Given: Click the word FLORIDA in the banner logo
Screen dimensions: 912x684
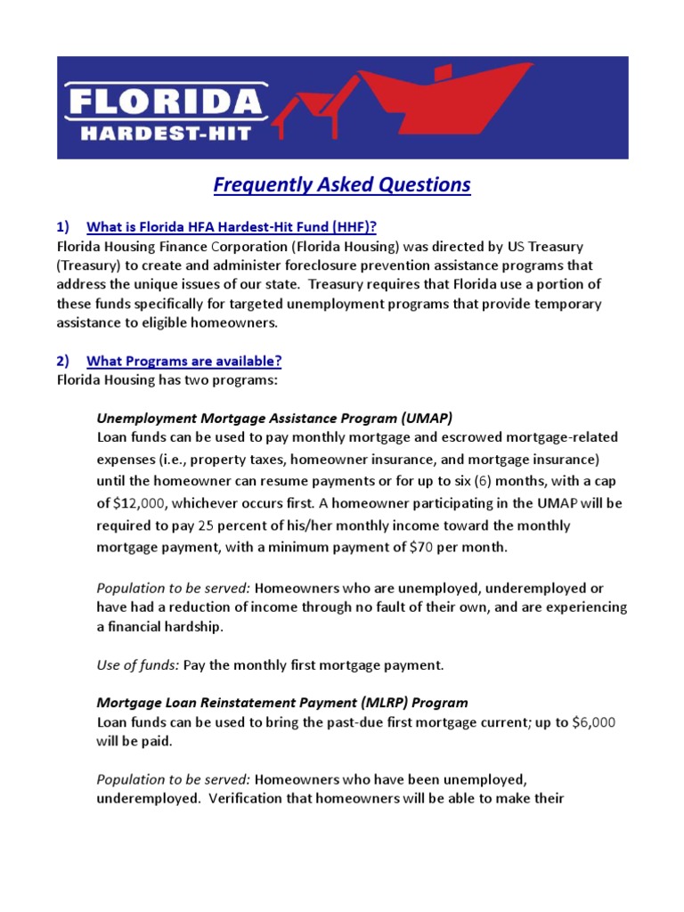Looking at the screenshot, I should [166, 102].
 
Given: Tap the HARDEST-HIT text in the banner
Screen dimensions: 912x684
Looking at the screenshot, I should [166, 133].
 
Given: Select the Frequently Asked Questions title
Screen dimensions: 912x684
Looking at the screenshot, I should [342, 184].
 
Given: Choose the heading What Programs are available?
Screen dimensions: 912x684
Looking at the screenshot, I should [183, 361].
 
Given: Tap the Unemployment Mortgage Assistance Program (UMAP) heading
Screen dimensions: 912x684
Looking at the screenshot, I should [274, 417].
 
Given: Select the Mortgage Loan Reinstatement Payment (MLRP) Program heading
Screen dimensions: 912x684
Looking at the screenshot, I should [282, 703].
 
